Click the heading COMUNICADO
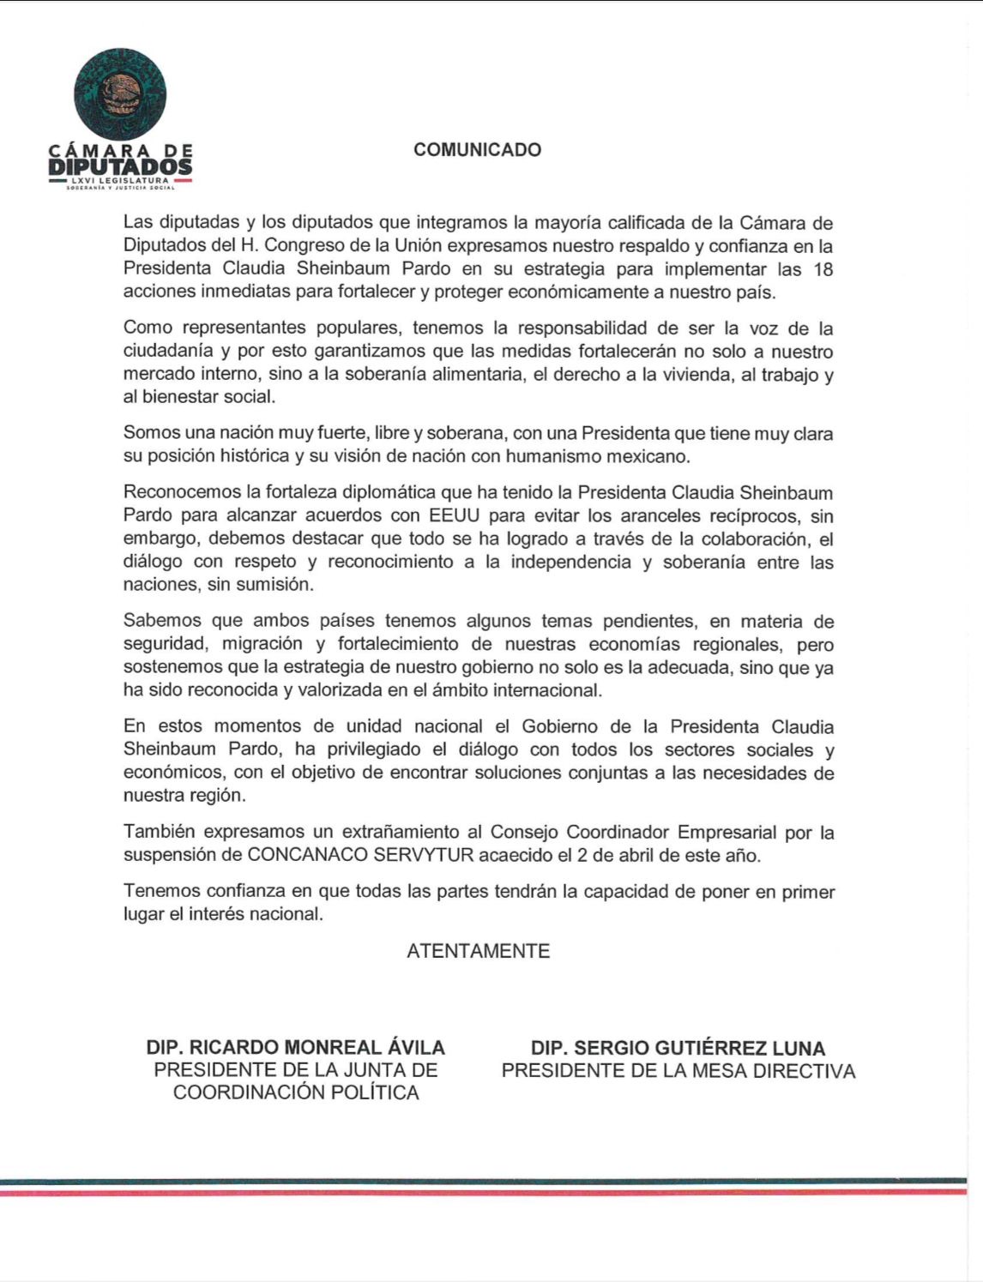(477, 150)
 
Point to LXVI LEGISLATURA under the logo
(121, 182)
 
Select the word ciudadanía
(172, 352)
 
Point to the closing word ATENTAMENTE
(478, 951)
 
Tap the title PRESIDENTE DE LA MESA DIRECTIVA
(678, 1071)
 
